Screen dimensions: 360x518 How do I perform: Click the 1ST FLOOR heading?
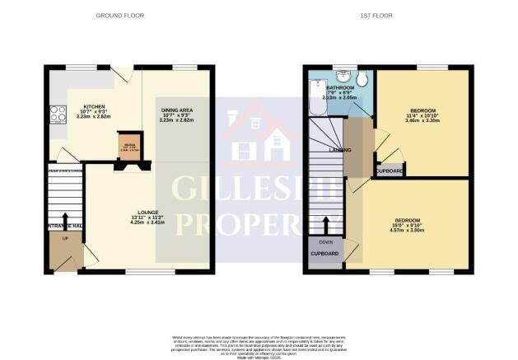coord(385,16)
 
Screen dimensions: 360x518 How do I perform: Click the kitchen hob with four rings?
coord(59,115)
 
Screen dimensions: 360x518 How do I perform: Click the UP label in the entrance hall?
coord(65,237)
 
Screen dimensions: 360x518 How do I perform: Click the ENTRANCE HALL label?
coord(65,226)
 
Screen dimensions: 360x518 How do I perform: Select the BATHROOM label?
coord(339,87)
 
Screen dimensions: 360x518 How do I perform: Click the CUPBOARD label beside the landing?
coord(390,171)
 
